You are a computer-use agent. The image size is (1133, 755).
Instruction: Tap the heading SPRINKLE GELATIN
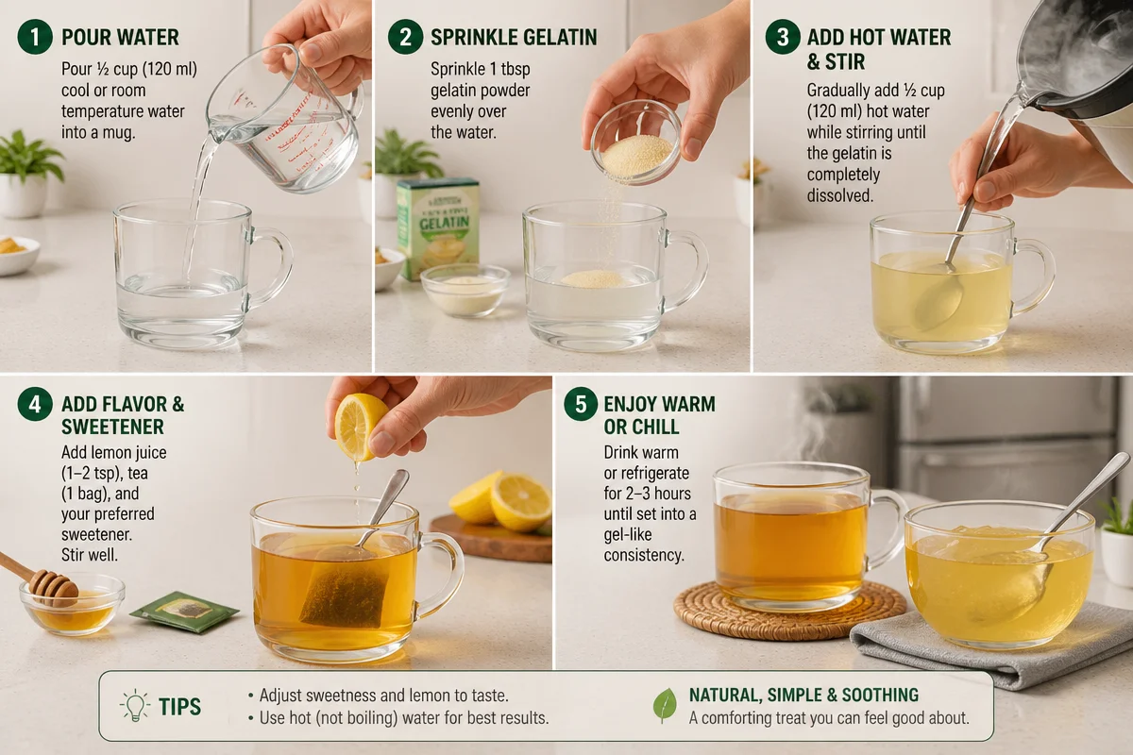click(514, 38)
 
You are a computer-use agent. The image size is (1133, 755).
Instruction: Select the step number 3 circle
click(782, 38)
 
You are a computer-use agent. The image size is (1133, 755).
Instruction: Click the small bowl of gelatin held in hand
click(636, 143)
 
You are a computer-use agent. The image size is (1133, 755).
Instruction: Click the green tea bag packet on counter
click(184, 612)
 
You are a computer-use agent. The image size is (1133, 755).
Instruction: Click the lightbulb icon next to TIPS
click(135, 706)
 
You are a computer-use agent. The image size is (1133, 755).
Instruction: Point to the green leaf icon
click(665, 705)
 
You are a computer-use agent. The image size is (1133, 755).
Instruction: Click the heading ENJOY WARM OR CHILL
click(659, 415)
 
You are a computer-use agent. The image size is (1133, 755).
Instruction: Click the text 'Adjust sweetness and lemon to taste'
click(383, 696)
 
